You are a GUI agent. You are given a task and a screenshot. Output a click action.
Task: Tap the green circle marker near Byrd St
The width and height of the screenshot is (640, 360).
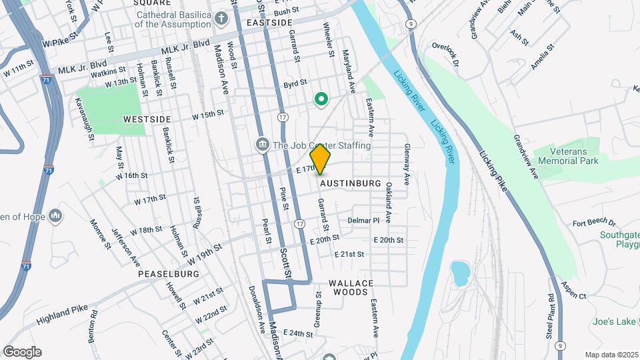coord(321,99)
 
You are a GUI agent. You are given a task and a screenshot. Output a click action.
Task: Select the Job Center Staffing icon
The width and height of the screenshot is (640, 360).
coord(262,145)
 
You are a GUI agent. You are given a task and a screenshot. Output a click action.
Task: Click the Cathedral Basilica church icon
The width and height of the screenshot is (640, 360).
coord(220,18)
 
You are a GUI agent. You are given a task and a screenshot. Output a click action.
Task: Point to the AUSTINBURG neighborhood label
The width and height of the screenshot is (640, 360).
coord(350,183)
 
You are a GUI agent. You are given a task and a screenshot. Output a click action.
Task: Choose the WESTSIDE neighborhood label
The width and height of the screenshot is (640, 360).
coord(147,119)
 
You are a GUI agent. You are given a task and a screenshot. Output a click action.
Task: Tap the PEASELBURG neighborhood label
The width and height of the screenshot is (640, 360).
coord(169,274)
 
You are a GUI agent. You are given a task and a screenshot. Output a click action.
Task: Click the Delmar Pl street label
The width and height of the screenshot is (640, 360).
coord(363,220)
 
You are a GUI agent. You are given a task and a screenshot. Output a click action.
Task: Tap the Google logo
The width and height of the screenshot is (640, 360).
coord(22,352)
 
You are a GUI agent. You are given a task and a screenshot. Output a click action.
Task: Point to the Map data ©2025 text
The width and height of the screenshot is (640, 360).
coord(611,355)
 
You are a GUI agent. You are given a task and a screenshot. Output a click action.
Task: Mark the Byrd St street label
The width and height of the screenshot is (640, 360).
coord(295,84)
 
